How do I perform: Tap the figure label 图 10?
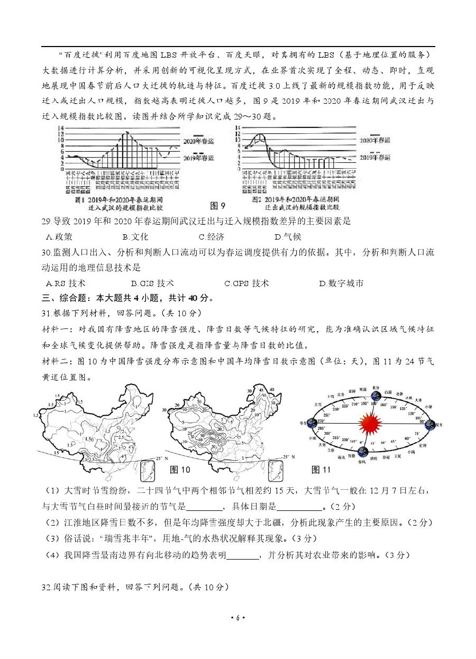[x=179, y=470]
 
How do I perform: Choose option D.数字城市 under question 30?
[x=341, y=283]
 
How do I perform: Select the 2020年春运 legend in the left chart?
[x=198, y=141]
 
